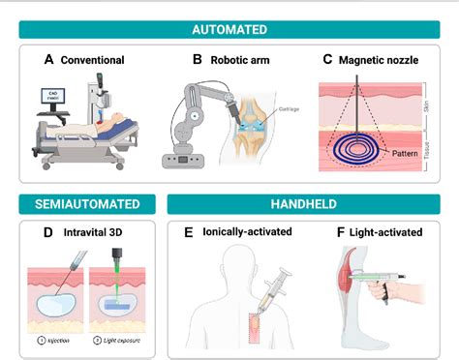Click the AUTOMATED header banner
[229, 29]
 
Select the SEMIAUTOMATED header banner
[88, 203]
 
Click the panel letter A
[48, 60]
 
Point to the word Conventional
[92, 60]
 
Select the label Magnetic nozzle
[380, 60]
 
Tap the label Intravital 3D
[97, 232]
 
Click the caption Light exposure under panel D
[118, 342]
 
